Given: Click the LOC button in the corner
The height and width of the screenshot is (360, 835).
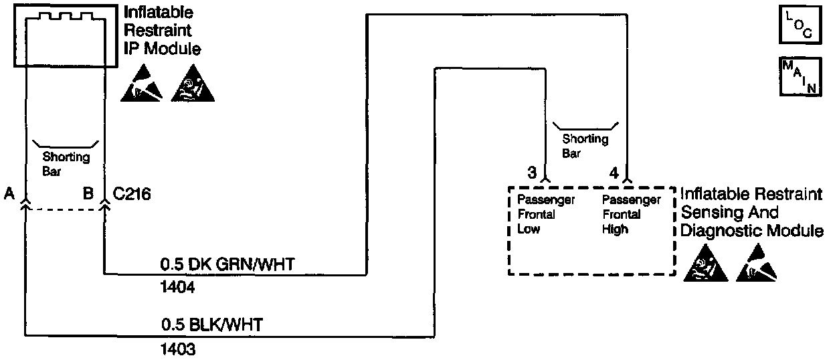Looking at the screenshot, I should click(x=800, y=25).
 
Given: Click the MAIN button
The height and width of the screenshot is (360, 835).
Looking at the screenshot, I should click(x=800, y=77).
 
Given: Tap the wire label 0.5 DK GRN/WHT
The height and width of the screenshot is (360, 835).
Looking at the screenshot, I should click(x=227, y=265).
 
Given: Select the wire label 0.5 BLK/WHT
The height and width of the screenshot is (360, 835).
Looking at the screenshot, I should click(x=212, y=326).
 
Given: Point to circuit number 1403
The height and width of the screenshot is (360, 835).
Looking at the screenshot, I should click(x=178, y=349).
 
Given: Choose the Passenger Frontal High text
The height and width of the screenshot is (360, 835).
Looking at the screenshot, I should click(x=631, y=215).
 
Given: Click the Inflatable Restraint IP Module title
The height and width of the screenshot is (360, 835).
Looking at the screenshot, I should click(x=163, y=31).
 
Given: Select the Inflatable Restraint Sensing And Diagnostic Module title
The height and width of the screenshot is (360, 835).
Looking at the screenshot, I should click(x=751, y=213).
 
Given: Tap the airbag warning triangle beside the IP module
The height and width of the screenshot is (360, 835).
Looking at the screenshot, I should click(x=193, y=85).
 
